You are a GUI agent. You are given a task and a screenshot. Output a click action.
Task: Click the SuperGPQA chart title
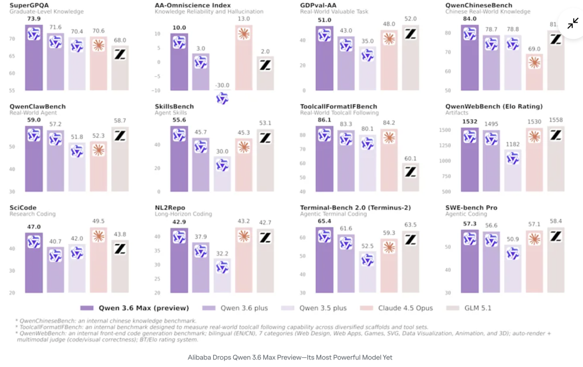26,5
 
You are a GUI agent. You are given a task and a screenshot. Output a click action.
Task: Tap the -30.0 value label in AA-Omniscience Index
222,85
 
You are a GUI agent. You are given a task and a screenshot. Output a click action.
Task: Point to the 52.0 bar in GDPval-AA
410,57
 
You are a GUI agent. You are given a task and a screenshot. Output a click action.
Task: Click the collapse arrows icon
573,24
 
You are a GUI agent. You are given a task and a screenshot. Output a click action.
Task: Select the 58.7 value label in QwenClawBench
120,121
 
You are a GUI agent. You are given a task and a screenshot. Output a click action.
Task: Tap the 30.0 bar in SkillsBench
222,174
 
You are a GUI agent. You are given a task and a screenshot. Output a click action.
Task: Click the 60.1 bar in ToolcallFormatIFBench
410,177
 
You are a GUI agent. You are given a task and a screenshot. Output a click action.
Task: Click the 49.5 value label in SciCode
98,222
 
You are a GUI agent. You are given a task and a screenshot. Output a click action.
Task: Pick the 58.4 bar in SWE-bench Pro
555,261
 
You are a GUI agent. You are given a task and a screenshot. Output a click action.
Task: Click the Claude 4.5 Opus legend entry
402,308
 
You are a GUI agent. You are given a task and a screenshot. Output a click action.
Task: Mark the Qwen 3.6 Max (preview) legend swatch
87,308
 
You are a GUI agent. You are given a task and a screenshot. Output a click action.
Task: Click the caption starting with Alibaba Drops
290,357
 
